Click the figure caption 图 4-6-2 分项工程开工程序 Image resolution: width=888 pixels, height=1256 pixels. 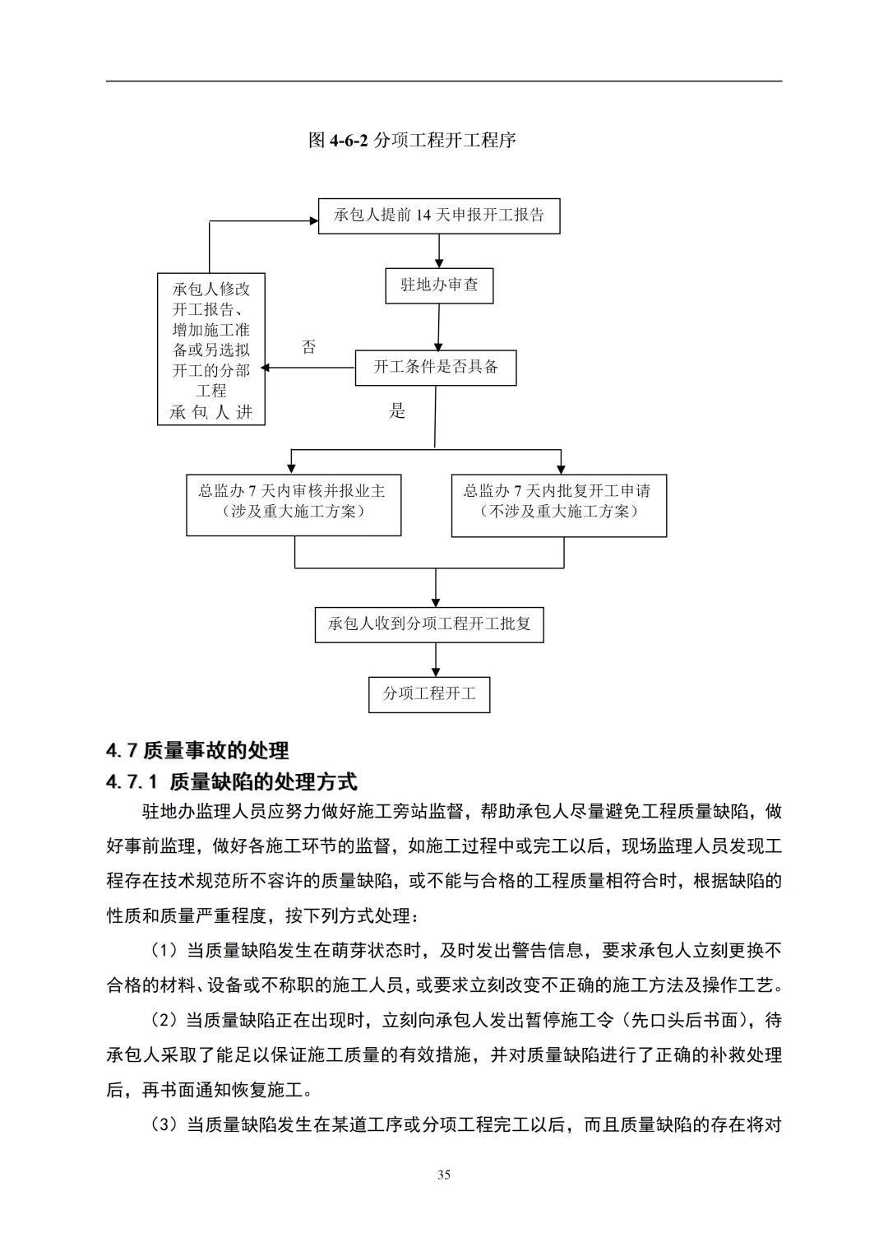[x=412, y=141]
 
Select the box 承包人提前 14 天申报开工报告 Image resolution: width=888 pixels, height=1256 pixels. [x=439, y=216]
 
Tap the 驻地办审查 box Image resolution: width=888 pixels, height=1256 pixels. [x=439, y=285]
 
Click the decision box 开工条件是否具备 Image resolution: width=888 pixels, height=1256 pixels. [x=436, y=367]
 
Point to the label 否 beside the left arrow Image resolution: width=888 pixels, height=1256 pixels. [x=309, y=347]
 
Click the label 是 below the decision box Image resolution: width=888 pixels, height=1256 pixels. [x=397, y=411]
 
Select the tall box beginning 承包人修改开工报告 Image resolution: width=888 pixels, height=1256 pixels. [x=211, y=350]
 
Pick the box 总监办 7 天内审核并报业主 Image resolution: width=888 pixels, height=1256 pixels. [x=294, y=501]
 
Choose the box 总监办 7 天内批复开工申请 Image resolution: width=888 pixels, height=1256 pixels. [x=558, y=501]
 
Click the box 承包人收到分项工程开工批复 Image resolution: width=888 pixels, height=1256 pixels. [x=429, y=624]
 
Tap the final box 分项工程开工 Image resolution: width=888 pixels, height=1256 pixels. [x=429, y=694]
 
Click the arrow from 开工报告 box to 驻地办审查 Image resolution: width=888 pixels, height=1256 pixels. [x=439, y=251]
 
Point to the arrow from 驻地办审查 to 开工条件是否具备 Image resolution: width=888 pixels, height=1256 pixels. [x=438, y=327]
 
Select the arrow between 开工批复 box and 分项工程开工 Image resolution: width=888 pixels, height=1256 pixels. [x=435, y=660]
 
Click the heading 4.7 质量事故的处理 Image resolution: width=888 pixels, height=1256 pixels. [x=197, y=750]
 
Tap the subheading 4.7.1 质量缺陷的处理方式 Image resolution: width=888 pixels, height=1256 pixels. [x=232, y=781]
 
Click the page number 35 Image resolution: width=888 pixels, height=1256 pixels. [x=444, y=1175]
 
